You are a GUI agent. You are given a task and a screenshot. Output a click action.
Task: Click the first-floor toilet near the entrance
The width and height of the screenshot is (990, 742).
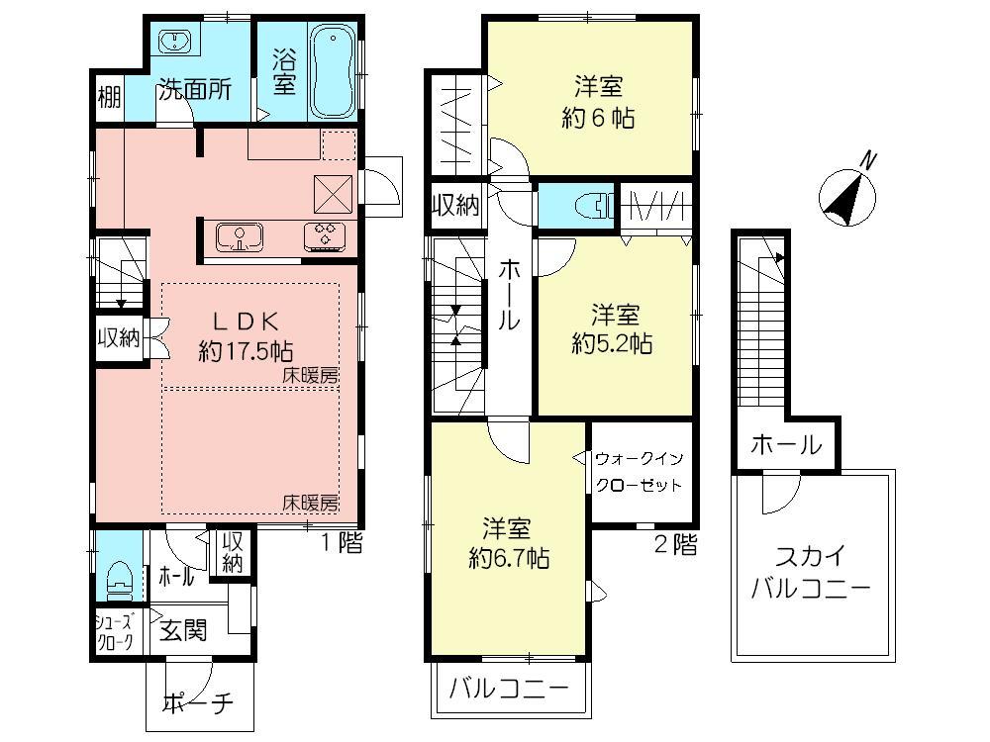pyautogui.click(x=119, y=580)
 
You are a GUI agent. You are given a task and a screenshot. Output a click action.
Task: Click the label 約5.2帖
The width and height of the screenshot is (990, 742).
pyautogui.click(x=613, y=343)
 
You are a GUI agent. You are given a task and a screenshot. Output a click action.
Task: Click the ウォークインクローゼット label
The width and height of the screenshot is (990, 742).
pyautogui.click(x=639, y=472)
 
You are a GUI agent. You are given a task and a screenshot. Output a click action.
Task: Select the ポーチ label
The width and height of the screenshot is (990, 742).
pyautogui.click(x=197, y=703)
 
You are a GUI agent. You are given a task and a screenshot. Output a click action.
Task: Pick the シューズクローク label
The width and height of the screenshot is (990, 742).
pyautogui.click(x=114, y=630)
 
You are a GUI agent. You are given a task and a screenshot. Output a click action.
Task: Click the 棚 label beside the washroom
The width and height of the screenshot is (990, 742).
pyautogui.click(x=109, y=98)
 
